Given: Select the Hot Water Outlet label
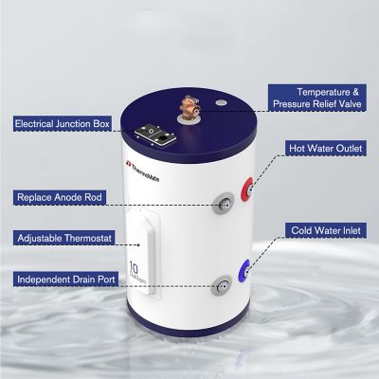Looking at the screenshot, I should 323,149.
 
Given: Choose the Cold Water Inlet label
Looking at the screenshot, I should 323,229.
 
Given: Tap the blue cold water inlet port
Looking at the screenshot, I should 246,268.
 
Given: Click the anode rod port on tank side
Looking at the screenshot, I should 224,200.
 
